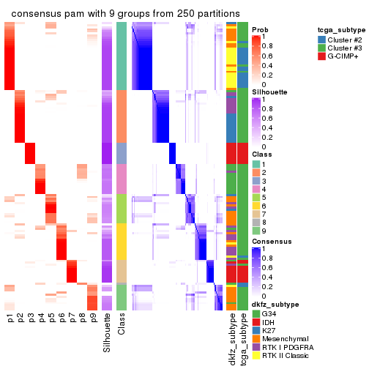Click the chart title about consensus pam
click(125, 14)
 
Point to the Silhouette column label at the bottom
click(108, 332)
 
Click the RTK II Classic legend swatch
click(256, 357)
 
